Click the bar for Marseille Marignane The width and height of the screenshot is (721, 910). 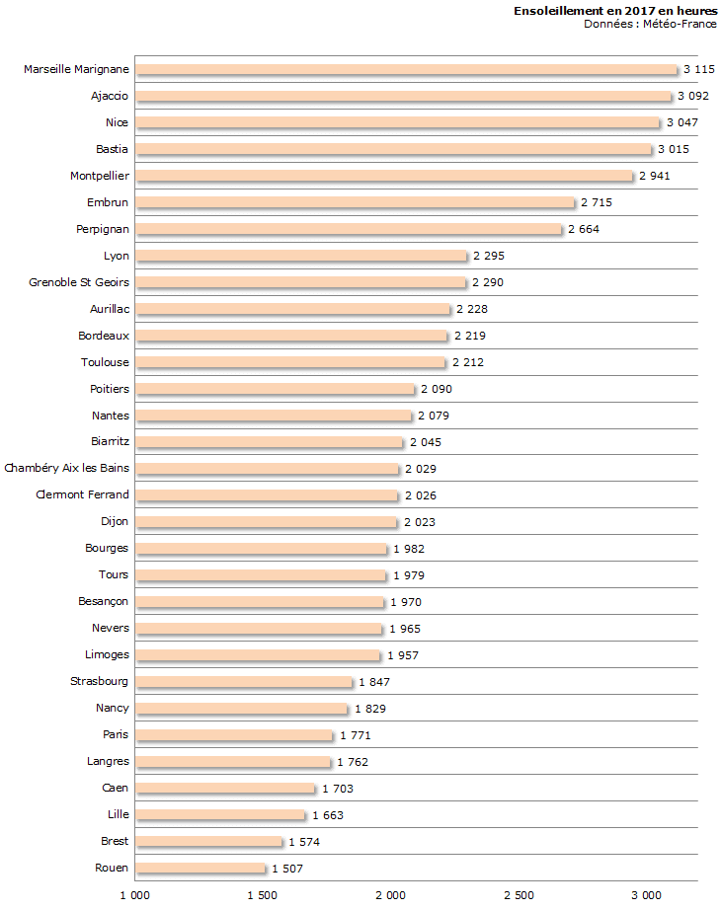[406, 69]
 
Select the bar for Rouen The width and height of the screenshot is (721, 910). [200, 869]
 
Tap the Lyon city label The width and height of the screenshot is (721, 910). [117, 256]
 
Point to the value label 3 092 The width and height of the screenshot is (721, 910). [692, 96]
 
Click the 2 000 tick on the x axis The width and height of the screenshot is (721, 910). [390, 895]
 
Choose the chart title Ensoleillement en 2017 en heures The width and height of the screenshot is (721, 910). [615, 10]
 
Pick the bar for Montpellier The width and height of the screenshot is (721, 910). [384, 176]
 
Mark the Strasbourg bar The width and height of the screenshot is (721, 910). [244, 682]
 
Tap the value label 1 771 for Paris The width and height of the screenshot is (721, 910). [355, 735]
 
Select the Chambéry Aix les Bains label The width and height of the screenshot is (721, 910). [67, 468]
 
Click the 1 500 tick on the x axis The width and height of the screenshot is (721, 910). [262, 895]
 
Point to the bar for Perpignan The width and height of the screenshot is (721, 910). [349, 229]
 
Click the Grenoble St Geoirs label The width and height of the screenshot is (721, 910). [79, 282]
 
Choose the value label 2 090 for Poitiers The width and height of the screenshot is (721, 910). [436, 389]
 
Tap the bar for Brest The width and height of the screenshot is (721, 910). [208, 842]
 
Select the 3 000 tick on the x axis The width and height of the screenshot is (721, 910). [646, 895]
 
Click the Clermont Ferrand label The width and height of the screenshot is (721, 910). [82, 494]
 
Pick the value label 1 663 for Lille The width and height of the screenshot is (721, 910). [327, 815]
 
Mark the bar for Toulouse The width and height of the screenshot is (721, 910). [290, 362]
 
